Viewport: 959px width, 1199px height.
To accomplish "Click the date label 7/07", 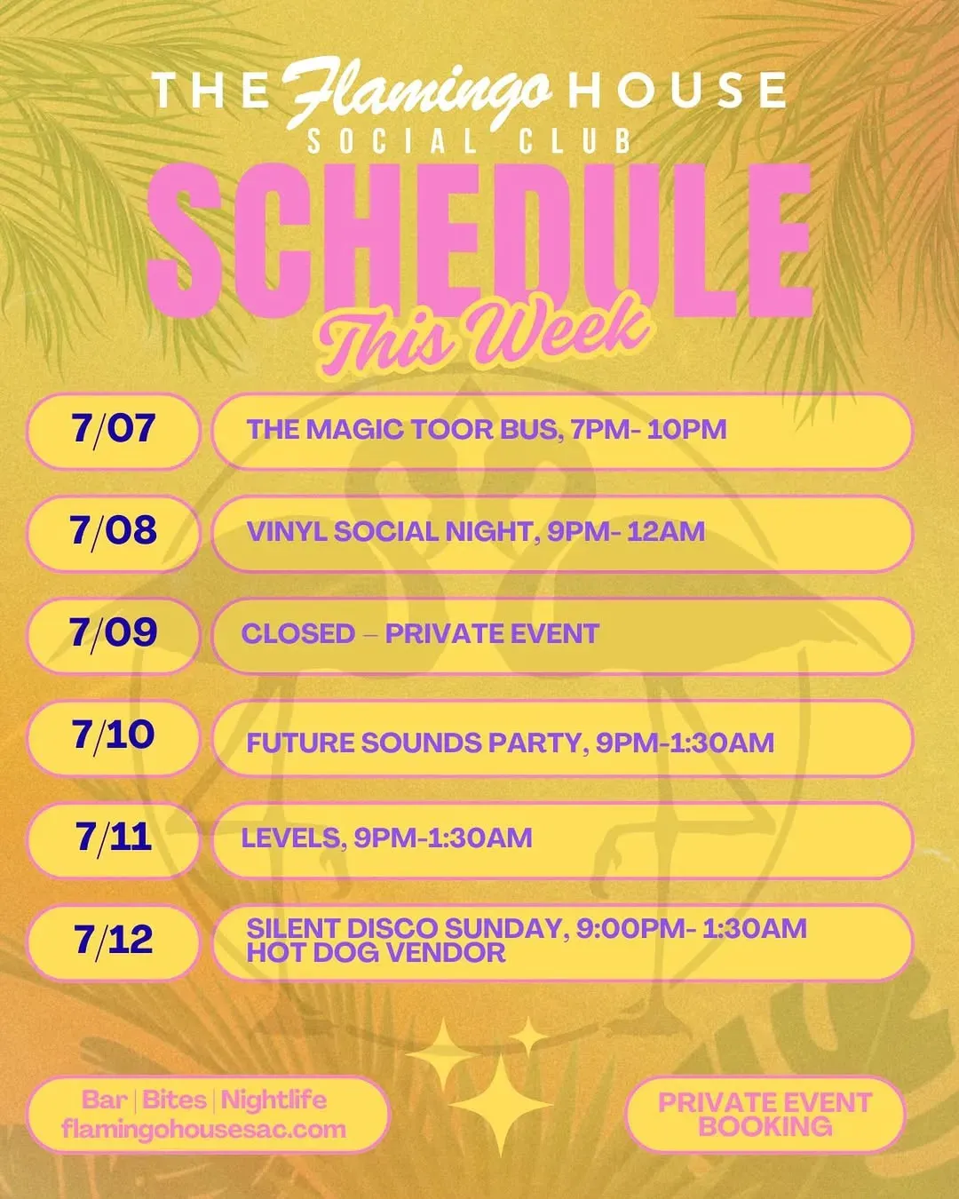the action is click(113, 430).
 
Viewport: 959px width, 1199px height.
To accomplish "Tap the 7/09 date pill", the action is click(113, 636).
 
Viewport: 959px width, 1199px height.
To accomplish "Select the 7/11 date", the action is click(113, 838).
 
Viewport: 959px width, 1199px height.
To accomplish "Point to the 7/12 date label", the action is click(113, 941).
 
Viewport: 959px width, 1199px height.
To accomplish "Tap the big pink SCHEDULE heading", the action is click(479, 241).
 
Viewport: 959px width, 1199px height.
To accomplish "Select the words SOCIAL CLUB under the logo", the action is click(469, 141).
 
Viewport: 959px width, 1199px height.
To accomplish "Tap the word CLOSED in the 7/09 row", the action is click(298, 634).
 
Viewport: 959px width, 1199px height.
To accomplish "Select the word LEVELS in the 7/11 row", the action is click(291, 838).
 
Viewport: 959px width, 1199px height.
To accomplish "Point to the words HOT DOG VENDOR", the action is click(376, 953).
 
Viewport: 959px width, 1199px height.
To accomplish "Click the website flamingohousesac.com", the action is click(204, 1130).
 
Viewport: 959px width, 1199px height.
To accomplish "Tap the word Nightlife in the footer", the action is click(274, 1100).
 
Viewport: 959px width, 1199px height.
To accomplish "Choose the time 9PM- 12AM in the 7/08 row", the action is click(626, 531).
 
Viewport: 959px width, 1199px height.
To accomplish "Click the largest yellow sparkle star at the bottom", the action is click(501, 1104).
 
